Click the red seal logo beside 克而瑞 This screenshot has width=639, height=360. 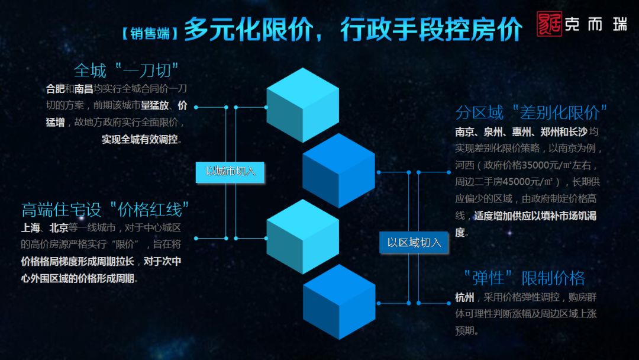(550, 25)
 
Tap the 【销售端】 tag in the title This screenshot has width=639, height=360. (147, 33)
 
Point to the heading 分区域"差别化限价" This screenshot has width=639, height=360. (531, 112)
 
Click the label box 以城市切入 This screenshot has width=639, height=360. (230, 172)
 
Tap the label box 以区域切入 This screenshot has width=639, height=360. (414, 242)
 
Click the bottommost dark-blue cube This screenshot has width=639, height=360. (339, 301)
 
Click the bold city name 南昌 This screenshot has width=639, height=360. (83, 89)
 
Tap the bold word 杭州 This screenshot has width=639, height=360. (464, 297)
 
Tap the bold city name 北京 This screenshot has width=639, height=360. (59, 228)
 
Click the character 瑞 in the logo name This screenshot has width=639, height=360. (619, 25)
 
